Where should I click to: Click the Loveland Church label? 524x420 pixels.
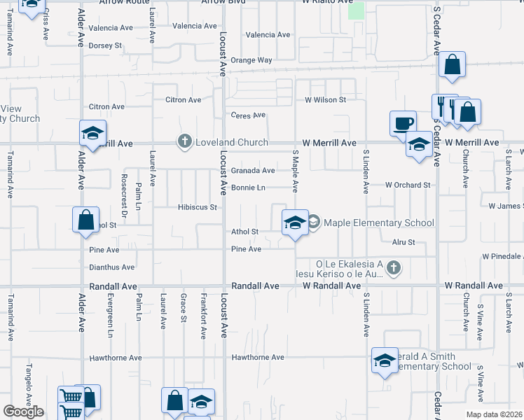pyautogui.click(x=232, y=142)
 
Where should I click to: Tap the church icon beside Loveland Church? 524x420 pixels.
pyautogui.click(x=185, y=142)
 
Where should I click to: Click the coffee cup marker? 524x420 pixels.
pyautogui.click(x=402, y=123)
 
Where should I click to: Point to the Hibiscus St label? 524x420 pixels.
pyautogui.click(x=198, y=207)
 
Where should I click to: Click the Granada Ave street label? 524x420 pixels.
pyautogui.click(x=253, y=170)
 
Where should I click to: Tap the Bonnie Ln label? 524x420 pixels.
pyautogui.click(x=248, y=188)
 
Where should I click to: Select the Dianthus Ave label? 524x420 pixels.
pyautogui.click(x=112, y=267)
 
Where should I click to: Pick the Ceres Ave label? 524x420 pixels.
pyautogui.click(x=249, y=115)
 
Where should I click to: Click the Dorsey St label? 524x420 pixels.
pyautogui.click(x=106, y=45)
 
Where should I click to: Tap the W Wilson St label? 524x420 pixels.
pyautogui.click(x=325, y=100)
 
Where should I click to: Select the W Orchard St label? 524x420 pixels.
pyautogui.click(x=407, y=185)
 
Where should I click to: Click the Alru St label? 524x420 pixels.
pyautogui.click(x=404, y=242)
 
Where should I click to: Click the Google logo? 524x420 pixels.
pyautogui.click(x=23, y=412)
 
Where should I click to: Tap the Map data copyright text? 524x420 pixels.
pyautogui.click(x=494, y=414)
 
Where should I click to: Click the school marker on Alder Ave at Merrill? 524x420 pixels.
pyautogui.click(x=92, y=134)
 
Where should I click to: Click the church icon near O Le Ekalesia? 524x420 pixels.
pyautogui.click(x=394, y=267)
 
